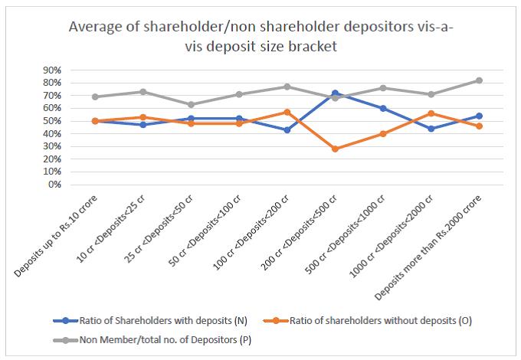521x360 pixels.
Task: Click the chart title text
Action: [260, 36]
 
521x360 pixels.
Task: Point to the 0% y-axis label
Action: [53, 185]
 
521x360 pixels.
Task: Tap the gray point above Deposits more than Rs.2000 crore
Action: [479, 80]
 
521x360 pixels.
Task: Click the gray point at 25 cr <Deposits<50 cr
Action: [191, 104]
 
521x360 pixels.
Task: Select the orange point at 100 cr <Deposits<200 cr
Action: [287, 112]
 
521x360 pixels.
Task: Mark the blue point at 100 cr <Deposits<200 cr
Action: [287, 130]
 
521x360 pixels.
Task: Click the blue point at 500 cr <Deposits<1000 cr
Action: [382, 108]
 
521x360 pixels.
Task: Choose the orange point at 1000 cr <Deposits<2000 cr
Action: [431, 113]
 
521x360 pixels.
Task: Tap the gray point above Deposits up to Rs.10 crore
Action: [95, 97]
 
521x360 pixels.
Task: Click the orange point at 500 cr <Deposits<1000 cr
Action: [382, 133]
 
